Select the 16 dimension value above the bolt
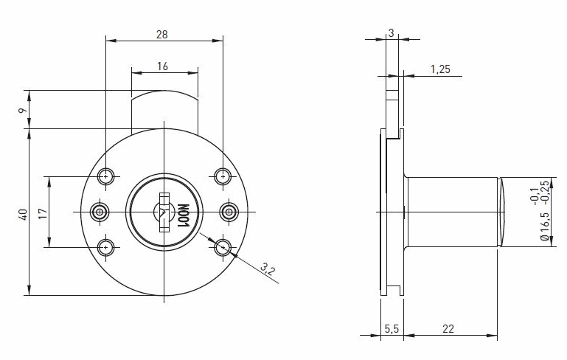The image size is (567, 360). coord(163,66)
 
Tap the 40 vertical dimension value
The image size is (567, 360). coord(23,214)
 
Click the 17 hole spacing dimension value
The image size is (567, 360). coord(42,213)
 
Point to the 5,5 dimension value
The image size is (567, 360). coord(391,328)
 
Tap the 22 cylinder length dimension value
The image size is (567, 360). coord(448,328)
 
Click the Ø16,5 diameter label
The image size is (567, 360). coord(545,226)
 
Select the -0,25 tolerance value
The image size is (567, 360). coord(545,191)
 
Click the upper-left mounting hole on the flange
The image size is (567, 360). coord(108,176)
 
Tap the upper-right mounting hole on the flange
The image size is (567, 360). coord(223,176)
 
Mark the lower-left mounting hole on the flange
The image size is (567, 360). coord(108,247)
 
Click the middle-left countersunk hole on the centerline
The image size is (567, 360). coord(100,212)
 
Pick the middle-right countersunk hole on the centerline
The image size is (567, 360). coord(229,212)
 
